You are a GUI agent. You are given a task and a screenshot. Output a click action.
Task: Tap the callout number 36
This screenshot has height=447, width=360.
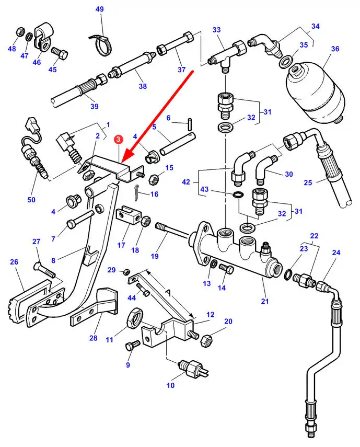pos(335,49)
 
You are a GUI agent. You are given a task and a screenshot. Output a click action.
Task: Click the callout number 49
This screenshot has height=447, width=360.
pos(100,9)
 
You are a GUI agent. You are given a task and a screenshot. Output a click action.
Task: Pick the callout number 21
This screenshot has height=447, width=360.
pos(265,301)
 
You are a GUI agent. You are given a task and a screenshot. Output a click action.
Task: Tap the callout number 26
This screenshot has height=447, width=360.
pos(14,262)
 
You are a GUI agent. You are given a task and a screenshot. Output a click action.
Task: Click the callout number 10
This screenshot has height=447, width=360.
pos(170,385)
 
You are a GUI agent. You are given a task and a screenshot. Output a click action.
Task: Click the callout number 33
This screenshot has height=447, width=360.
pos(217,30)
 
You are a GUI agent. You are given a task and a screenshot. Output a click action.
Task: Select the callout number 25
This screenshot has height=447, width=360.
pos(308,182)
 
